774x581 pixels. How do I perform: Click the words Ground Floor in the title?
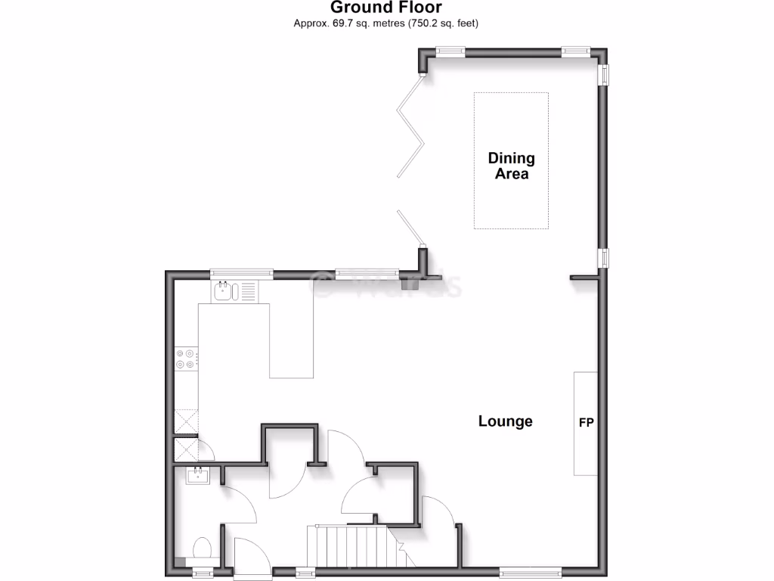[x=386, y=8]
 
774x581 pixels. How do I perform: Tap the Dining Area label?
[x=511, y=166]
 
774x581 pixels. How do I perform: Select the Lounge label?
[x=505, y=421]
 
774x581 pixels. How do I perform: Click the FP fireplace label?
[x=586, y=423]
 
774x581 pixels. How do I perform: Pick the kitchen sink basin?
[x=223, y=291]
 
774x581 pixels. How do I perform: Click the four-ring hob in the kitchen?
[x=185, y=359]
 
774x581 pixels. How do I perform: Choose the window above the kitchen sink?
[x=240, y=273]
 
